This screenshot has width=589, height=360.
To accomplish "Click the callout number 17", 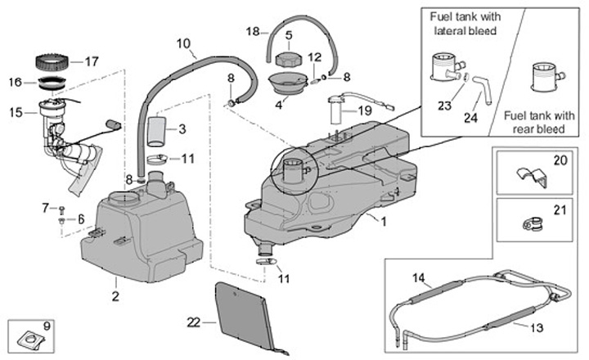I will point(91,61).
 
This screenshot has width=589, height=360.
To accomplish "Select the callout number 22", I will point(193,322).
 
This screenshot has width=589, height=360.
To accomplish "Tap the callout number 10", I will point(182,43).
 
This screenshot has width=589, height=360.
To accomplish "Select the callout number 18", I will point(253,31).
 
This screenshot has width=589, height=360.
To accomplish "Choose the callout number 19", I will point(364,109).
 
